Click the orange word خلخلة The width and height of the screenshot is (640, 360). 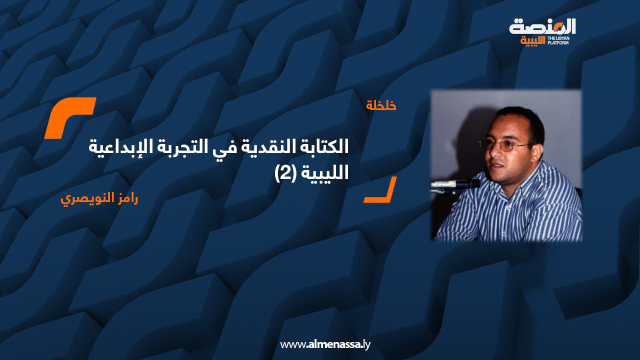point(381,105)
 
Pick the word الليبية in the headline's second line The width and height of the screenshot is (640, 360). point(323,173)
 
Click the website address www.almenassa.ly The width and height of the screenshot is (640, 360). point(325,344)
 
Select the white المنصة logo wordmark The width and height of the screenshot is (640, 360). point(542,26)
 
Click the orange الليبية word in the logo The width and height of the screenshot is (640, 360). point(533,41)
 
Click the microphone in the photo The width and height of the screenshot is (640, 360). point(455,184)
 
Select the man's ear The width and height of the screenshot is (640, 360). point(539,148)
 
